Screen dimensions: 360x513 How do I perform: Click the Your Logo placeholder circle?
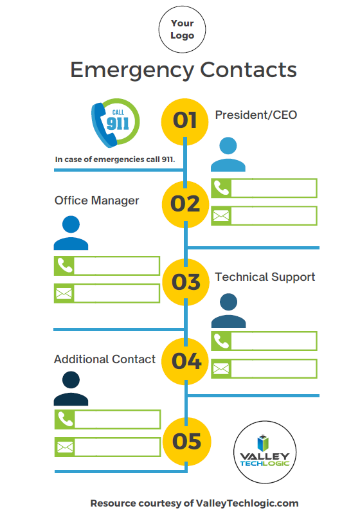tap(183, 30)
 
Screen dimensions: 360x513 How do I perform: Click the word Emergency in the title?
tap(132, 70)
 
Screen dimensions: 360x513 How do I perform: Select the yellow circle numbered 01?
tap(185, 122)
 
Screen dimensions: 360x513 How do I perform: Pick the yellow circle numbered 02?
tap(185, 204)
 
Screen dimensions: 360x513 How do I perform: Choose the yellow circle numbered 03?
tap(186, 282)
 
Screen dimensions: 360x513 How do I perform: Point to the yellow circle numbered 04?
tap(186, 361)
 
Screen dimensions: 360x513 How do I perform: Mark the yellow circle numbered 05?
tap(187, 442)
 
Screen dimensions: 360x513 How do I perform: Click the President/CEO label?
tap(256, 115)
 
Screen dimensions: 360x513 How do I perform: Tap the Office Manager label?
tap(96, 201)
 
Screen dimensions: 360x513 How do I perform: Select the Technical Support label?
tap(265, 277)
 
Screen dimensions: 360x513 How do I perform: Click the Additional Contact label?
tap(105, 359)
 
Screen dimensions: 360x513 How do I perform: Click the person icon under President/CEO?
tap(228, 154)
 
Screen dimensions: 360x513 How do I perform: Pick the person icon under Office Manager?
tap(71, 233)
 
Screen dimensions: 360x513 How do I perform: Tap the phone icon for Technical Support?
tap(221, 341)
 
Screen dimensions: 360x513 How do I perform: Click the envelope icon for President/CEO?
tap(221, 215)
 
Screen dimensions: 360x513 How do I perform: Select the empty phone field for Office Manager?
tap(117, 265)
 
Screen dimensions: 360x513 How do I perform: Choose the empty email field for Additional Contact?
tap(118, 447)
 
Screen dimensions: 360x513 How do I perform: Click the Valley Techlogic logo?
tap(265, 452)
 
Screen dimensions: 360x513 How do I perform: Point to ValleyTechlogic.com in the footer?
tap(247, 503)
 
